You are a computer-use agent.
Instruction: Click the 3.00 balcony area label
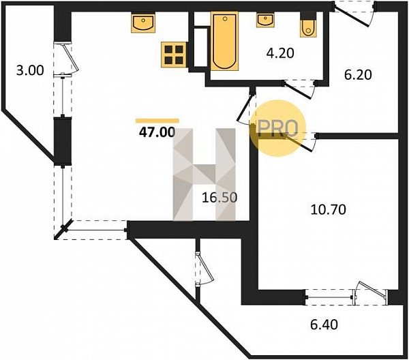coord(30,70)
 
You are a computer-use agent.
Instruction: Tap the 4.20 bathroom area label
coord(280,53)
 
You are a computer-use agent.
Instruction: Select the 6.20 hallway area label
coord(358,75)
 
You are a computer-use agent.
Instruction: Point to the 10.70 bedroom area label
coord(329,209)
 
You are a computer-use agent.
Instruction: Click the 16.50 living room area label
coord(219,198)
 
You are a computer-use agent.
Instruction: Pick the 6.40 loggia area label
coord(324,325)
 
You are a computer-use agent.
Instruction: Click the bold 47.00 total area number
coord(157,132)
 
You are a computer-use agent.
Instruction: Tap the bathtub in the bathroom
coord(224,41)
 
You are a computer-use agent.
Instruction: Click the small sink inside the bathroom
coord(265,20)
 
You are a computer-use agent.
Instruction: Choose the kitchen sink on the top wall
coord(143,22)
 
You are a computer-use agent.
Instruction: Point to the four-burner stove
coord(174,55)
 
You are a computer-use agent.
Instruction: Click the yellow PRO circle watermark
coord(277,128)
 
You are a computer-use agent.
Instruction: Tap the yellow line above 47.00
coord(157,121)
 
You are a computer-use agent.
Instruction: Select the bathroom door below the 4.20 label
coord(300,89)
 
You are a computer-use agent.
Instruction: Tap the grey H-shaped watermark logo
coord(204,175)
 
